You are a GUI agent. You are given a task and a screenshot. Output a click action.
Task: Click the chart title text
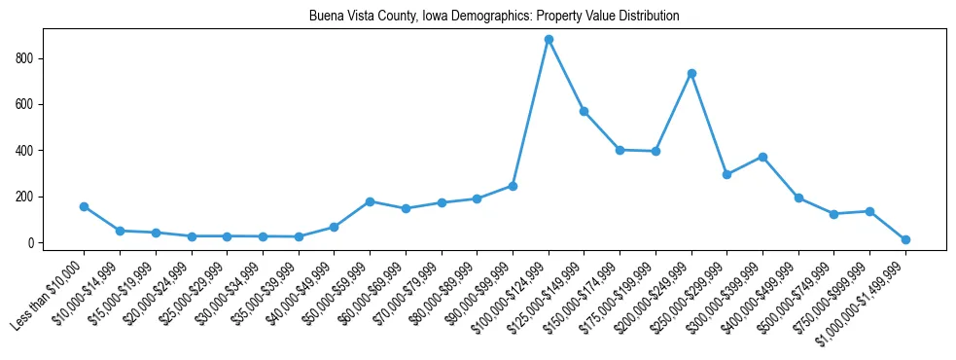pos(494,17)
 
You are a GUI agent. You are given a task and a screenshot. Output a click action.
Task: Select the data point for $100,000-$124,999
pos(549,40)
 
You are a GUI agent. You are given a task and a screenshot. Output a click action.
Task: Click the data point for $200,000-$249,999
pos(691,73)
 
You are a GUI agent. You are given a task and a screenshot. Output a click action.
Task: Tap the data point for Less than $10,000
pos(84,206)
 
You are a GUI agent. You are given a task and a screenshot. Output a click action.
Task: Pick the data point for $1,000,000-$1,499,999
pos(905,239)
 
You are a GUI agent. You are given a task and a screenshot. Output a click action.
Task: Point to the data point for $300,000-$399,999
pos(762,157)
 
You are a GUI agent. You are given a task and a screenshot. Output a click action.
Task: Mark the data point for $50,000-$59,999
pos(370,201)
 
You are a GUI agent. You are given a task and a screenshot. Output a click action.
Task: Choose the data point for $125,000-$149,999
pos(584,111)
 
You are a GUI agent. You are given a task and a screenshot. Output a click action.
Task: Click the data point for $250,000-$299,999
pos(727,174)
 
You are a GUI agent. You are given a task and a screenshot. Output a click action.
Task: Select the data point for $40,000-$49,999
pos(334,227)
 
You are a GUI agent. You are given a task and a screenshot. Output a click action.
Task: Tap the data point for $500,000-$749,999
pos(834,214)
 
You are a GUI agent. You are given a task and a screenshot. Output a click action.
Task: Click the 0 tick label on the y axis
pos(32,242)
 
